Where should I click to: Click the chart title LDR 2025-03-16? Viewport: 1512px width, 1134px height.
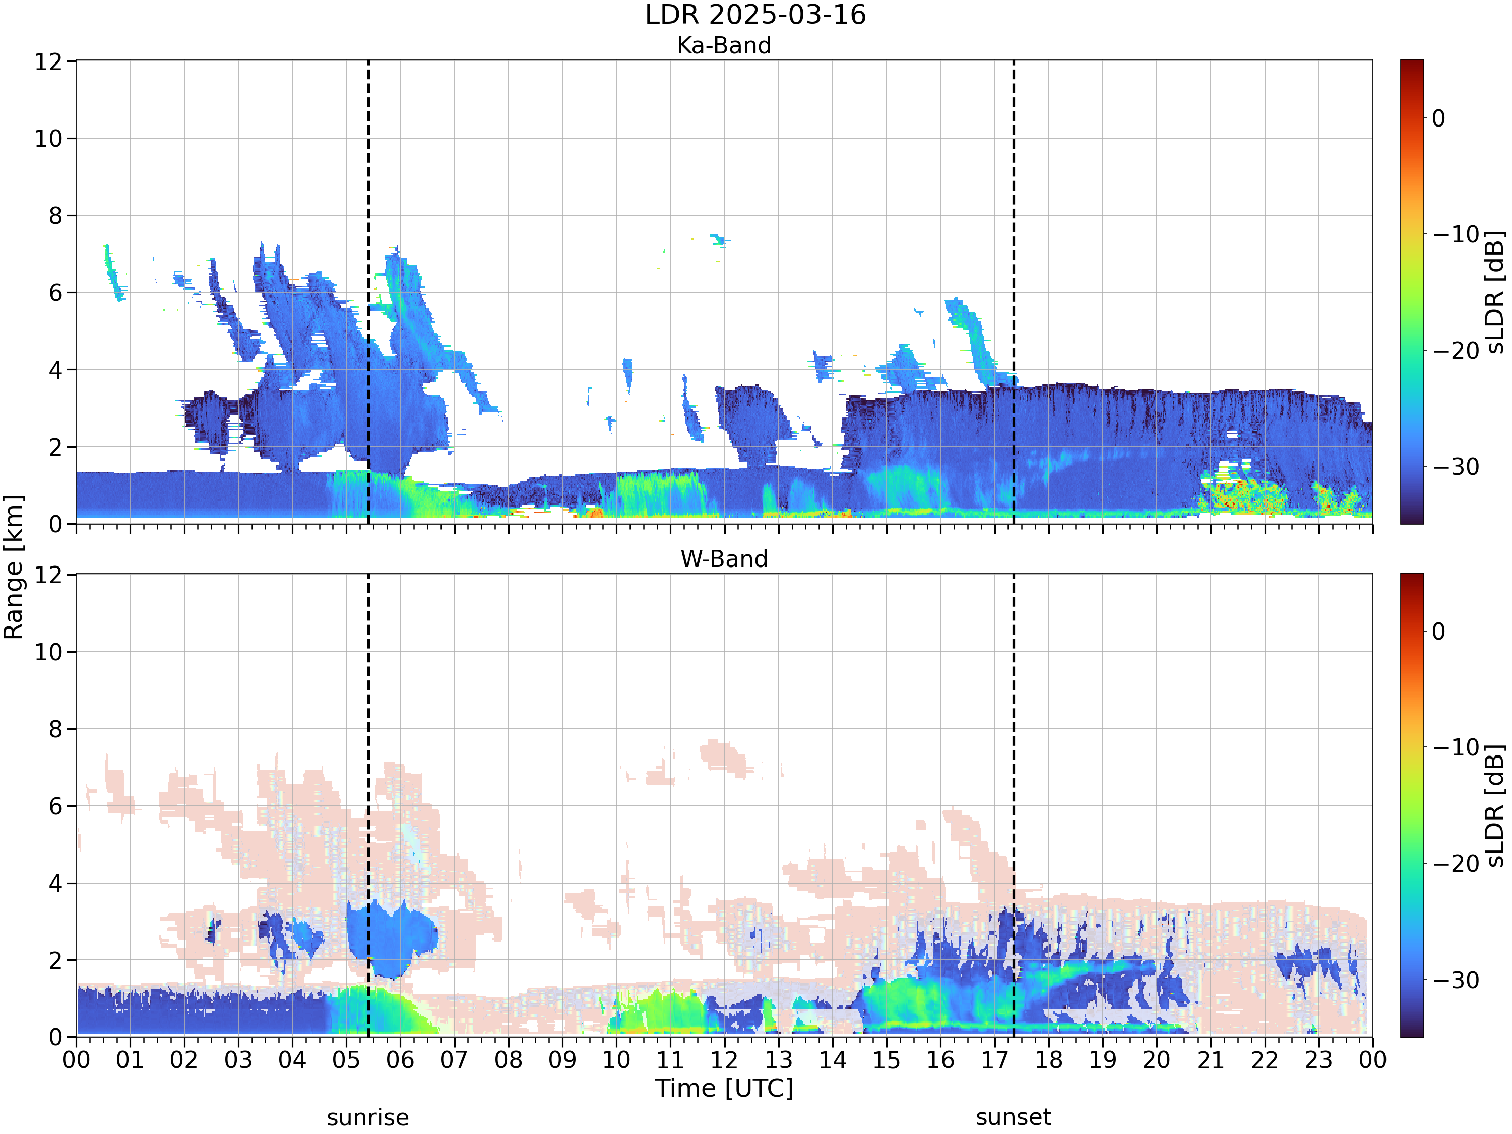(755, 15)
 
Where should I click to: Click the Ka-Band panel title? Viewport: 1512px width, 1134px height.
(724, 46)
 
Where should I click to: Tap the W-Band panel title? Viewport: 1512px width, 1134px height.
(724, 559)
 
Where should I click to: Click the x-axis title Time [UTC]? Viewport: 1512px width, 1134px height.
(724, 1088)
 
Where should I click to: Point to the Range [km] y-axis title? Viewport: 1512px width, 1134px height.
(14, 568)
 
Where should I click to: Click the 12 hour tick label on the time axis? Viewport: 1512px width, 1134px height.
(724, 1060)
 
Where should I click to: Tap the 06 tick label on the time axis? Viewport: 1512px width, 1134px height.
(400, 1060)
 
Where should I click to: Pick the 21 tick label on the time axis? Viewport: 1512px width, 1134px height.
(1211, 1060)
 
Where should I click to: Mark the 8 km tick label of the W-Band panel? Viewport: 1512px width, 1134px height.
(56, 729)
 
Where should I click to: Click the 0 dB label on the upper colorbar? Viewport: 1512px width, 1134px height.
(1439, 119)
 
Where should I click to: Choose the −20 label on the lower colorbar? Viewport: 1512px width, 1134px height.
(1455, 864)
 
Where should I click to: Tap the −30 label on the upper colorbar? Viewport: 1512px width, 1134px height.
(1455, 467)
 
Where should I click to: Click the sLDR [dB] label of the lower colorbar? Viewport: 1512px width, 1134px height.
(1495, 805)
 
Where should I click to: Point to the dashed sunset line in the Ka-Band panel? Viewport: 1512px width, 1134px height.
(1013, 292)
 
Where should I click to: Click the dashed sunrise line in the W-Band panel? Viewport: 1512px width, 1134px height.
(368, 805)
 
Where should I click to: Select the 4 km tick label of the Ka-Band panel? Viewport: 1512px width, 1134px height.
(56, 370)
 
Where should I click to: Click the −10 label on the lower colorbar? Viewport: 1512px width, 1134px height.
(1455, 747)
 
